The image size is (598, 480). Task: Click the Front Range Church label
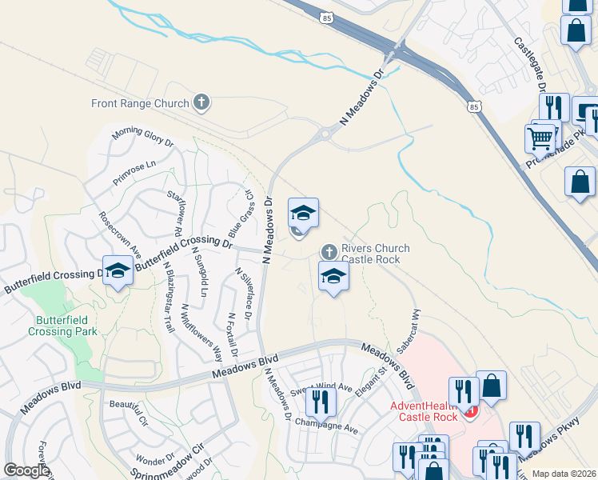139,103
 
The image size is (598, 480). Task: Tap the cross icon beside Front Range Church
201,102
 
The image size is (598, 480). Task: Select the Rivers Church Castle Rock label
375,254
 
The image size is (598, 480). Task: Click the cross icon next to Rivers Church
329,252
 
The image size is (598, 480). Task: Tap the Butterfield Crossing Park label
62,326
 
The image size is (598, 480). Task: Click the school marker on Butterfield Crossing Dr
118,270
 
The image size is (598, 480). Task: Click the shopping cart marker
540,138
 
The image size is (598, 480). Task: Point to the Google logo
26,470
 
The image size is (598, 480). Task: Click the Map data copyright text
564,474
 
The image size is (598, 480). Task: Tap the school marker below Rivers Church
334,277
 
